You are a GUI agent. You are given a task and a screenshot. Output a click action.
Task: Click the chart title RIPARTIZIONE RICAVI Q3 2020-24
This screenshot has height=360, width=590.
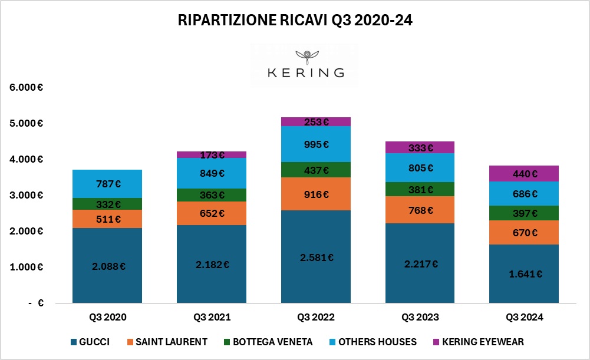[x=295, y=21]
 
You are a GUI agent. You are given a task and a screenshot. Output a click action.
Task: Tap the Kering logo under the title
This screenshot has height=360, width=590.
[x=305, y=65]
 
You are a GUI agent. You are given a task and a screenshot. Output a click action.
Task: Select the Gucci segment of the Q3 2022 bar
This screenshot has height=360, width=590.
[x=315, y=257]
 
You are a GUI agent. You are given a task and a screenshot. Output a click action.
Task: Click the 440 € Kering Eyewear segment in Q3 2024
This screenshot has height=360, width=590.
[x=524, y=174]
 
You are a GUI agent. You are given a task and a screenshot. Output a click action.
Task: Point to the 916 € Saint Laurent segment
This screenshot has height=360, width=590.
[x=315, y=194]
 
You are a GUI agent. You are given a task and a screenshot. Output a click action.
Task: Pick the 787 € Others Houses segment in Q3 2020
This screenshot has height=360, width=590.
[x=107, y=184]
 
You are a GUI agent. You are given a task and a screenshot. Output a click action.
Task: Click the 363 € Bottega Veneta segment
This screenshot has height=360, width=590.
[x=211, y=195]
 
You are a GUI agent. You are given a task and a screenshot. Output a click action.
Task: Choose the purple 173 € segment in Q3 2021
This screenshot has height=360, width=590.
[x=211, y=155]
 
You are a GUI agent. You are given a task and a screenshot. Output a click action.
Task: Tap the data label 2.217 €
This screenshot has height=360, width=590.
[x=420, y=263]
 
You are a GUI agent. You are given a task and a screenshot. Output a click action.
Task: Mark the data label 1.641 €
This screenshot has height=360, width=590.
[x=524, y=273]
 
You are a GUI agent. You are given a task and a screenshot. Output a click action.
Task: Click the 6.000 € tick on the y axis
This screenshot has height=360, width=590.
[x=27, y=87]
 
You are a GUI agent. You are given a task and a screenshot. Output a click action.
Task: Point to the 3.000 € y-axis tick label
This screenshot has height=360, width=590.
[x=27, y=195]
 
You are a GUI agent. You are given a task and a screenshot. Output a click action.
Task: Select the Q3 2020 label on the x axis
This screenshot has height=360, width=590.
[x=107, y=318]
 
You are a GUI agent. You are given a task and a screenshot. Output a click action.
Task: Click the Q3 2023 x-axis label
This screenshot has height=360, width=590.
[x=420, y=318]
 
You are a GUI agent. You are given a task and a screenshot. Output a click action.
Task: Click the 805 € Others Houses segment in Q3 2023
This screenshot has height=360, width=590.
[x=420, y=168]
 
